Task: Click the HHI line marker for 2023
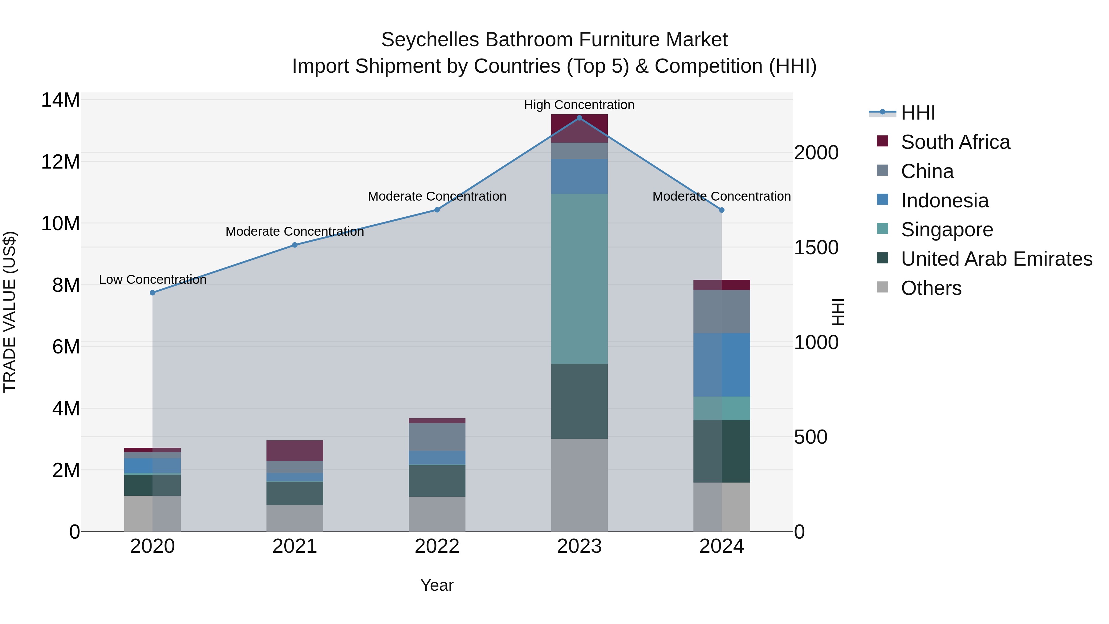[x=579, y=118]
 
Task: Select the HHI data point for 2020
[x=152, y=293]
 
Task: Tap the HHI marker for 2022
[x=437, y=210]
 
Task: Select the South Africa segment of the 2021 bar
[x=295, y=451]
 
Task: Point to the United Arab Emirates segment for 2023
[x=579, y=401]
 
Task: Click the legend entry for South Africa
[x=955, y=142]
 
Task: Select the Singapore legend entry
[x=947, y=230]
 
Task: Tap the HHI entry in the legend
[x=918, y=113]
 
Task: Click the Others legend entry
[x=931, y=288]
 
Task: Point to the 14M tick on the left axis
[x=60, y=100]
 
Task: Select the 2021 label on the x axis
[x=295, y=546]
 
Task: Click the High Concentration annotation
[x=579, y=105]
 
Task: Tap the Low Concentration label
[x=152, y=279]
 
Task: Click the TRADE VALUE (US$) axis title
[x=10, y=312]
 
